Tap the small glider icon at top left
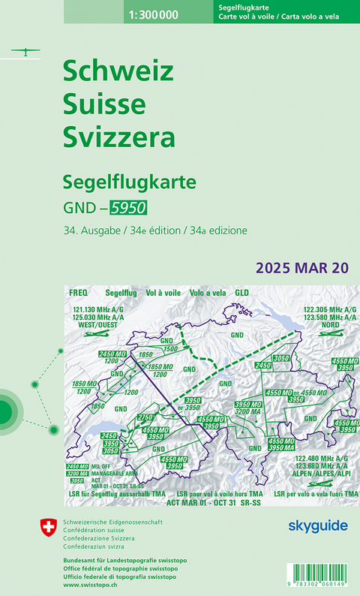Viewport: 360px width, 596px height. pyautogui.click(x=25, y=52)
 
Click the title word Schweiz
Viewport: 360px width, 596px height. pyautogui.click(x=118, y=71)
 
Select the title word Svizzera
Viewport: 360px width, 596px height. pyautogui.click(x=119, y=138)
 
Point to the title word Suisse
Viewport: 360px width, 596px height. pyautogui.click(x=104, y=104)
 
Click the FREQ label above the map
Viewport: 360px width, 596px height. pyautogui.click(x=78, y=292)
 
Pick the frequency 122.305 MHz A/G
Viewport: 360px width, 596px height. pyautogui.click(x=330, y=309)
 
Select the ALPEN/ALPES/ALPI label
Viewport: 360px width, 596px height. pyautogui.click(x=330, y=474)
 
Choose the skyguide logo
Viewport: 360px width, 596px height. pyautogui.click(x=319, y=525)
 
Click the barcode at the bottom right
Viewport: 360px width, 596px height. pyautogui.click(x=310, y=570)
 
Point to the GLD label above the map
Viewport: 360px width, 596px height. pyautogui.click(x=242, y=292)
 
